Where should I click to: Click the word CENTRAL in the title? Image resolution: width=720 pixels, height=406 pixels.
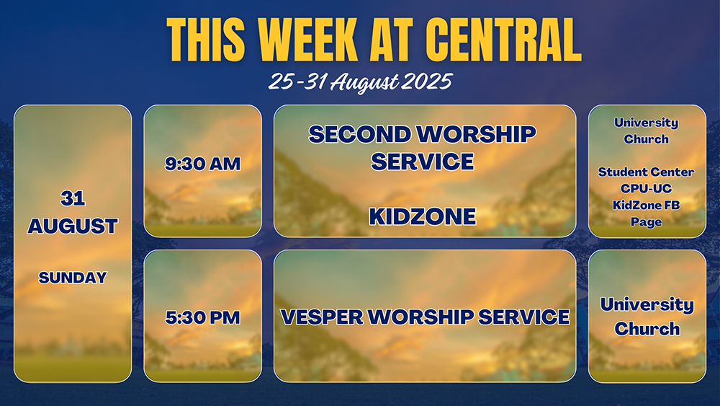(x=503, y=40)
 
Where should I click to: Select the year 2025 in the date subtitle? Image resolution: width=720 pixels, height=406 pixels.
(x=426, y=81)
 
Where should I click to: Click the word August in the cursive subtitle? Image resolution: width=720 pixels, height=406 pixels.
(x=364, y=83)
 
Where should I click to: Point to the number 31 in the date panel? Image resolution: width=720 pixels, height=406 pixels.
(x=73, y=198)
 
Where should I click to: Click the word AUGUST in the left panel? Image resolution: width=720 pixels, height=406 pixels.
(x=73, y=226)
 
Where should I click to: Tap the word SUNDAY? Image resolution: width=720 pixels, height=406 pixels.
(x=73, y=278)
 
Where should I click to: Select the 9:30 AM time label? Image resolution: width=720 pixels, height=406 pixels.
(x=202, y=164)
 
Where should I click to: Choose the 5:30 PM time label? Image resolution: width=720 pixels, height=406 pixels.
(x=202, y=318)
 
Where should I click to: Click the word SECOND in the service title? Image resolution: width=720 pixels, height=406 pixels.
(x=359, y=134)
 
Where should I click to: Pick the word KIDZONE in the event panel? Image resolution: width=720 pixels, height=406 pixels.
(x=423, y=216)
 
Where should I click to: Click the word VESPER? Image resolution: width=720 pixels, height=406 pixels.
(x=322, y=317)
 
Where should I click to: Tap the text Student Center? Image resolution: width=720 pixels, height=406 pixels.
(x=646, y=172)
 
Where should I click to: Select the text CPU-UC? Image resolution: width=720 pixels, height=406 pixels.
(x=646, y=188)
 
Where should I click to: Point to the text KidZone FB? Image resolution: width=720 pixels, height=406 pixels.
(x=646, y=205)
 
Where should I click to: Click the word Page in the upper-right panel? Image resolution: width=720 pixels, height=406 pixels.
(x=646, y=222)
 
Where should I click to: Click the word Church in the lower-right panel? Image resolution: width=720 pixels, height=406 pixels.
(x=647, y=329)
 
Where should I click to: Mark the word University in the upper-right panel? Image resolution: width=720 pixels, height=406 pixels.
(x=646, y=123)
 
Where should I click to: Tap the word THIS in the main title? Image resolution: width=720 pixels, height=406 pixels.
(x=206, y=40)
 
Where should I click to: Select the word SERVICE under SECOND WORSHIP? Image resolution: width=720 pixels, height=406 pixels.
(x=423, y=162)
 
